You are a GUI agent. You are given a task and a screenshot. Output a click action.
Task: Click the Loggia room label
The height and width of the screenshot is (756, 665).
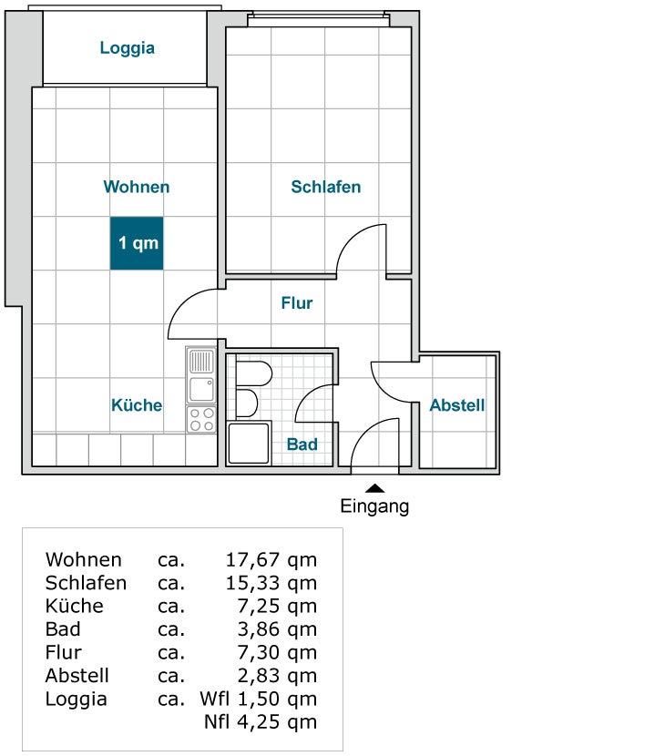coord(127,48)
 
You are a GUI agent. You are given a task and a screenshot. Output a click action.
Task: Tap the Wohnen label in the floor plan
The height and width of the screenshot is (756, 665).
coord(137,187)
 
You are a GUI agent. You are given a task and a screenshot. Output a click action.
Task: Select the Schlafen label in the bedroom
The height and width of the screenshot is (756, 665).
coord(325,187)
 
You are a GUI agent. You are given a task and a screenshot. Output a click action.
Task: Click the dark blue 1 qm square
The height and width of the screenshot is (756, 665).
coord(137,243)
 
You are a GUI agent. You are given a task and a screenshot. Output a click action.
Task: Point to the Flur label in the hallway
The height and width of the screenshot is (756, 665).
coord(297,303)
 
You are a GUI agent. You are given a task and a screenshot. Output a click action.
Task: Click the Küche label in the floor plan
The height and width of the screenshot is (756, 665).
coord(137,405)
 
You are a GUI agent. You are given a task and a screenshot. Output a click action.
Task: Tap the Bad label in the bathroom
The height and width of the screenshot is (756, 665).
coord(302,444)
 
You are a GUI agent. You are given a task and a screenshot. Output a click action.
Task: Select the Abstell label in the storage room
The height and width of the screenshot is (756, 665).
coord(457,405)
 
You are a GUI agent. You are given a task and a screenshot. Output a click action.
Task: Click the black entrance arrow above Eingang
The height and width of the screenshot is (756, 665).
coord(374,489)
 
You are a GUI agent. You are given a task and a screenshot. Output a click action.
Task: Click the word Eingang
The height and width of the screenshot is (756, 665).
coord(374,506)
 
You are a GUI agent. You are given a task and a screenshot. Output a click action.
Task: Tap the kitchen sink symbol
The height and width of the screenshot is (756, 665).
coord(201,375)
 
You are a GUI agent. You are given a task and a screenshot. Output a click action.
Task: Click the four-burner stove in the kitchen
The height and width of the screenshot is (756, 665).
coord(201,420)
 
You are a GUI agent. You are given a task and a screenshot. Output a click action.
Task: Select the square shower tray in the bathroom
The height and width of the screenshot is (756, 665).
coord(249,444)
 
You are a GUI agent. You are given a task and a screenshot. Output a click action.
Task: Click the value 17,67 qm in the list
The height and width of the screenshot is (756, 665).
coord(271,559)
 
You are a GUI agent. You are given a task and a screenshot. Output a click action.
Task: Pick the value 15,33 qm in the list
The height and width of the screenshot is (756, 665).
coord(271,583)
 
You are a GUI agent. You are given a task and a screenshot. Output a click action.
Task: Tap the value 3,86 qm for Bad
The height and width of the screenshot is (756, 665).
coord(277,629)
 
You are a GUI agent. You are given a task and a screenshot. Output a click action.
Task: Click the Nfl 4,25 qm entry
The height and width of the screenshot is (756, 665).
coord(261,722)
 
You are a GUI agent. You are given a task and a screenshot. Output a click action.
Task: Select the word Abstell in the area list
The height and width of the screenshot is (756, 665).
coord(77,676)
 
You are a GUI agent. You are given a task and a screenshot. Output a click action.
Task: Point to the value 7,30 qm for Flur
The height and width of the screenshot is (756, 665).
coord(277,652)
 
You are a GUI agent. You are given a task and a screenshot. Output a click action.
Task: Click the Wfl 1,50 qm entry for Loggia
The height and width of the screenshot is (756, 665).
coord(259,700)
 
